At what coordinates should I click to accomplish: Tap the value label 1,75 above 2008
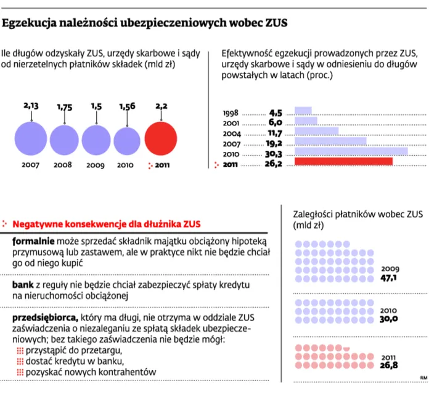coord(65,107)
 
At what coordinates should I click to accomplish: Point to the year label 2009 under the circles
coord(96,166)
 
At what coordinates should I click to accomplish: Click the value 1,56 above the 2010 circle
coord(128,107)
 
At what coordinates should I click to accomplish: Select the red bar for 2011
coord(344,162)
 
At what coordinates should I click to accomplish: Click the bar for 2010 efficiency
coord(351,151)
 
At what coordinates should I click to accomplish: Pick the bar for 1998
coord(303,111)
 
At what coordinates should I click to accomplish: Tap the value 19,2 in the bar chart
coord(274,141)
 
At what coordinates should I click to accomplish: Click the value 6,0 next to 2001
coord(275,122)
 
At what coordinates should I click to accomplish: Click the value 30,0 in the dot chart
coord(389,319)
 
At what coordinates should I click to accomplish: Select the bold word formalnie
coord(33,241)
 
